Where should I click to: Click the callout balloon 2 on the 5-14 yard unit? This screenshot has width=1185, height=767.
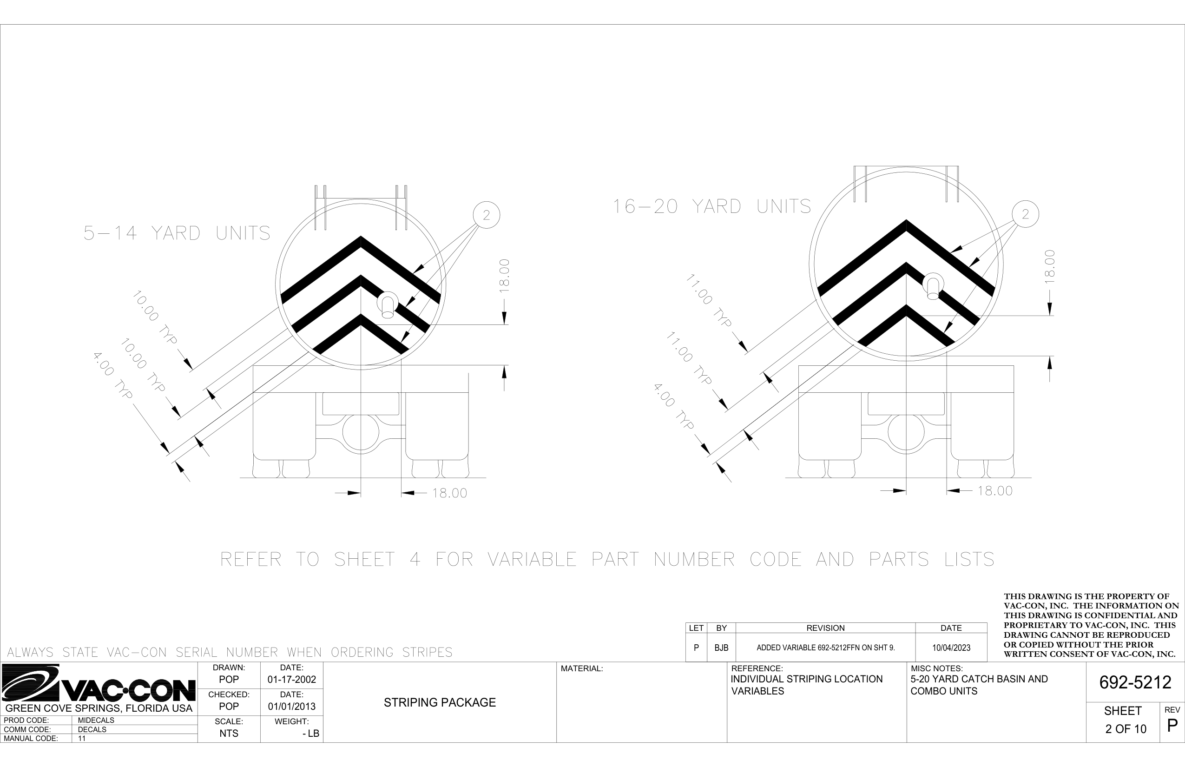(x=486, y=215)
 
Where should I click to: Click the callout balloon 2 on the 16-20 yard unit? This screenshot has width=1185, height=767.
(x=1025, y=214)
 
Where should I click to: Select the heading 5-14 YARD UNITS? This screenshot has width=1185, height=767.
(x=177, y=233)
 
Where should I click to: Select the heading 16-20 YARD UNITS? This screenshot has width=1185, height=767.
(x=711, y=206)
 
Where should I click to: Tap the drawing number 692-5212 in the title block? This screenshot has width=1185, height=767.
(x=1135, y=682)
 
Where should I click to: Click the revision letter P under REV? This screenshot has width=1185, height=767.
(x=1172, y=725)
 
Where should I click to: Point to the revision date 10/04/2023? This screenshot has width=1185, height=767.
(x=951, y=648)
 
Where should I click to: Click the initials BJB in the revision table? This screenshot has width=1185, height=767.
(x=721, y=648)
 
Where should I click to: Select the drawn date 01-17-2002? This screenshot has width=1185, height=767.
(x=291, y=680)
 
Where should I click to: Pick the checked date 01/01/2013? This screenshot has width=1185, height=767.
(x=291, y=706)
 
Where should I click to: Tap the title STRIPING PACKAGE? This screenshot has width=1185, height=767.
(x=440, y=703)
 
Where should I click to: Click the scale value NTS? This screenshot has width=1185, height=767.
(x=229, y=733)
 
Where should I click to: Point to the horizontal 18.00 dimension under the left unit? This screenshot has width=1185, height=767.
(x=449, y=493)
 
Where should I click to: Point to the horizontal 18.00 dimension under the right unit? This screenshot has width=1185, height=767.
(x=994, y=490)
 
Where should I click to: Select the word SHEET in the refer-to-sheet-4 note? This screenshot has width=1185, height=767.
(x=364, y=559)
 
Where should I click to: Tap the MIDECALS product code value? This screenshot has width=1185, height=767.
(x=96, y=720)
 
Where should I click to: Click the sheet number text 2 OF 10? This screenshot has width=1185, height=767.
(x=1126, y=729)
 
